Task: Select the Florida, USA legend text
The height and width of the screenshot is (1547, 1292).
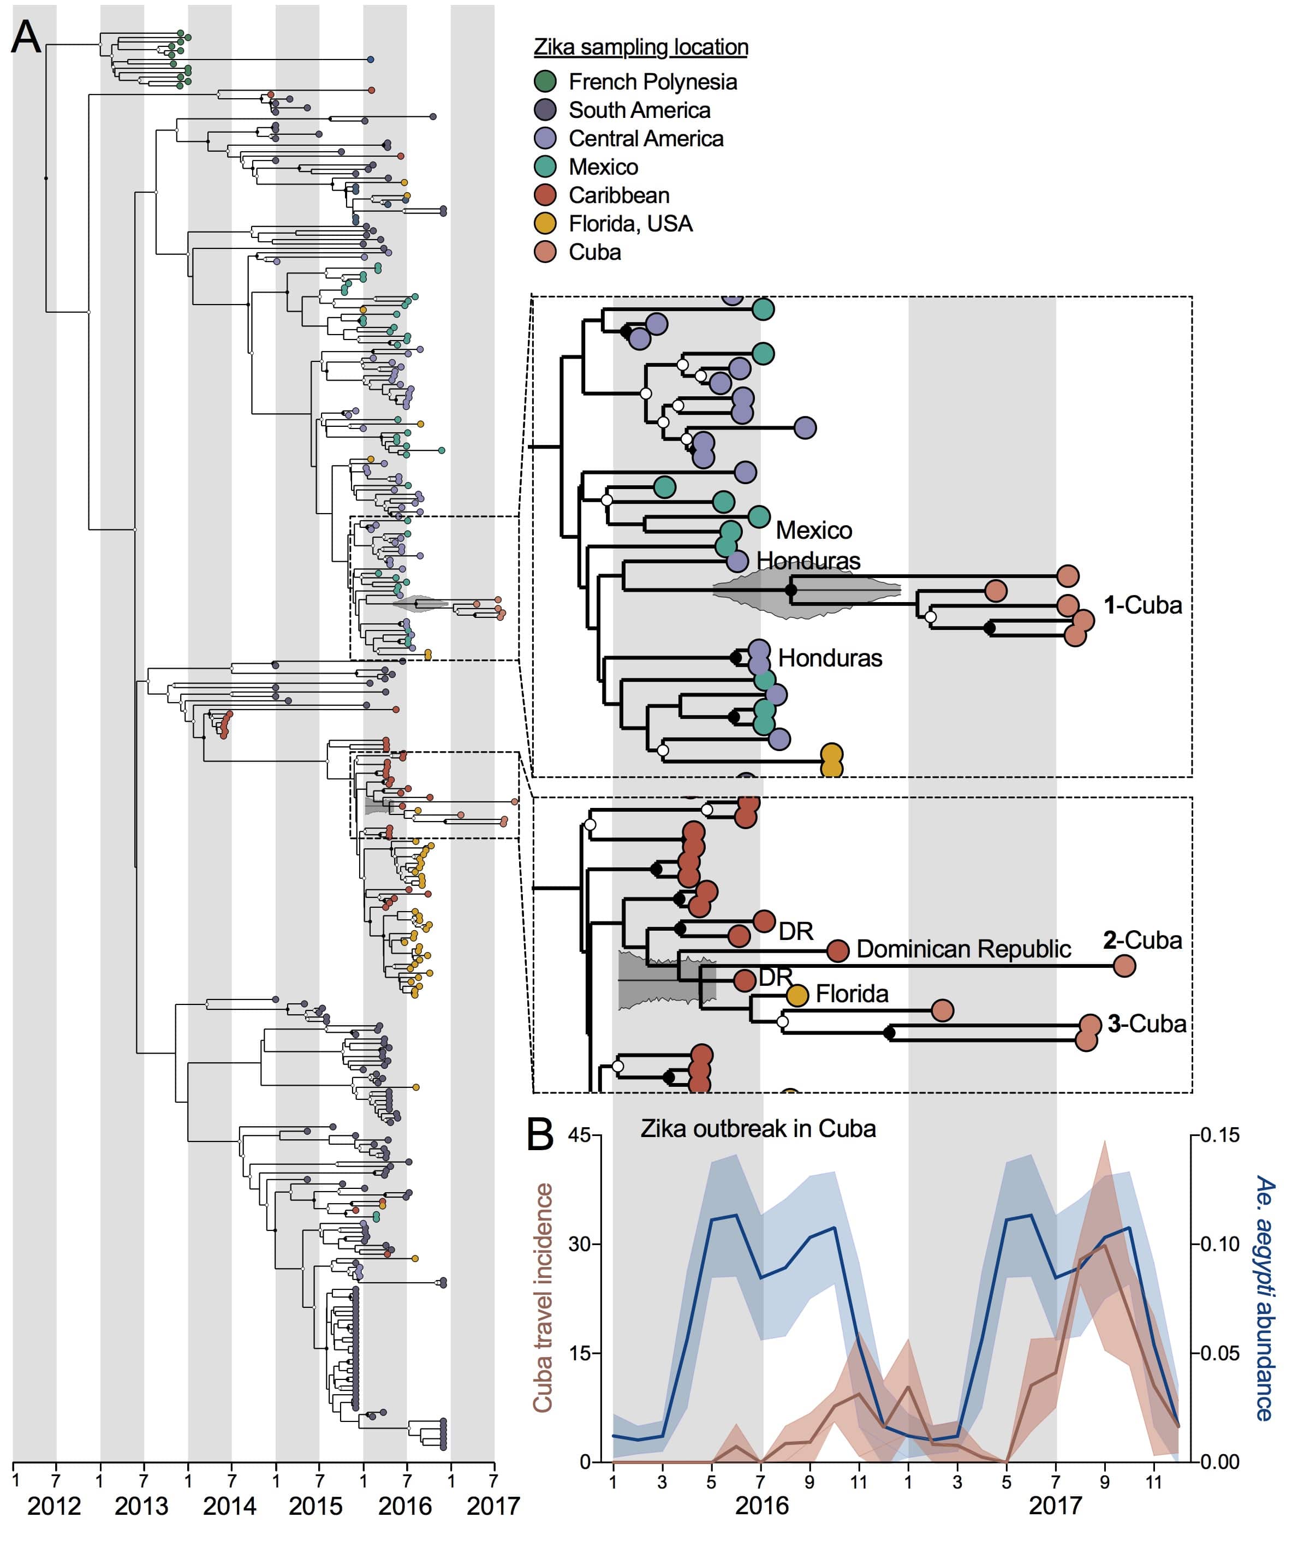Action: (x=630, y=223)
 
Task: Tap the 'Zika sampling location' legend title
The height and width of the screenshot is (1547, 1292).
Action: (x=640, y=47)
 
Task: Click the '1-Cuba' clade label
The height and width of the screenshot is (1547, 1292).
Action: (x=1142, y=605)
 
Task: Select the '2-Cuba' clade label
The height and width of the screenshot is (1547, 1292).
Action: (x=1142, y=940)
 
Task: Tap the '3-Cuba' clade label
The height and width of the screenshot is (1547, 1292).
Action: (x=1146, y=1024)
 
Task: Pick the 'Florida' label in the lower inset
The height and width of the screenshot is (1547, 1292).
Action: (x=852, y=995)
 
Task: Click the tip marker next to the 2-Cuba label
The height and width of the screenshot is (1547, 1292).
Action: (x=1124, y=965)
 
